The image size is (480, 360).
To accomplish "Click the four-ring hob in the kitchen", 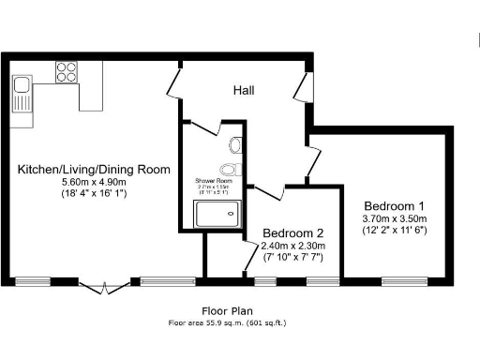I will pyautogui.click(x=67, y=71).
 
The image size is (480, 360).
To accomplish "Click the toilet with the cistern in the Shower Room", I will pyautogui.click(x=234, y=145).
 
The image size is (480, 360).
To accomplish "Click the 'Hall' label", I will pyautogui.click(x=244, y=90).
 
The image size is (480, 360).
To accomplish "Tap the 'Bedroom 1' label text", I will pyautogui.click(x=395, y=206).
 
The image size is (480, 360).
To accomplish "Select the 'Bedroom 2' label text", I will pyautogui.click(x=292, y=233).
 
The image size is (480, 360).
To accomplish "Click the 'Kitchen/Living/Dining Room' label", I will pyautogui.click(x=94, y=170).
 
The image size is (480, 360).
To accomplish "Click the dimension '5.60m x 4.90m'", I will pyautogui.click(x=93, y=183).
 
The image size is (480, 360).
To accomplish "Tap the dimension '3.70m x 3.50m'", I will pyautogui.click(x=395, y=218).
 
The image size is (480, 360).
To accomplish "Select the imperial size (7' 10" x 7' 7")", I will pyautogui.click(x=292, y=258).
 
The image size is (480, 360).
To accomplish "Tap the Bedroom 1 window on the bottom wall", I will pyautogui.click(x=404, y=279).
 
